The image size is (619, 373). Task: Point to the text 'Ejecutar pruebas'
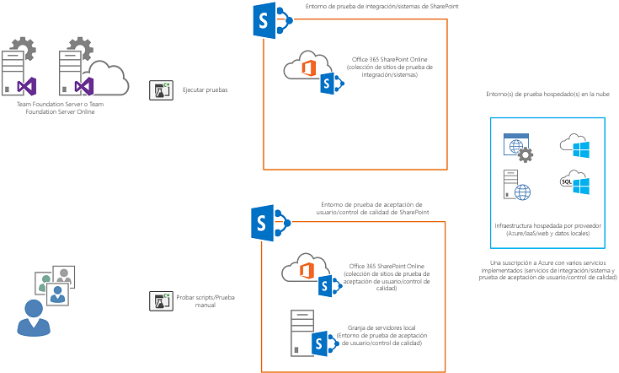point(205,90)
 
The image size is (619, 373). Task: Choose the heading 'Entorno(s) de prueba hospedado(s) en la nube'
point(547,95)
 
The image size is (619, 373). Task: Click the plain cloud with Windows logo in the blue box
point(574,146)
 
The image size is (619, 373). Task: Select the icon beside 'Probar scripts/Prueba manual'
point(160,300)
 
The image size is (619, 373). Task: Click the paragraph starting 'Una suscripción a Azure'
point(547,270)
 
